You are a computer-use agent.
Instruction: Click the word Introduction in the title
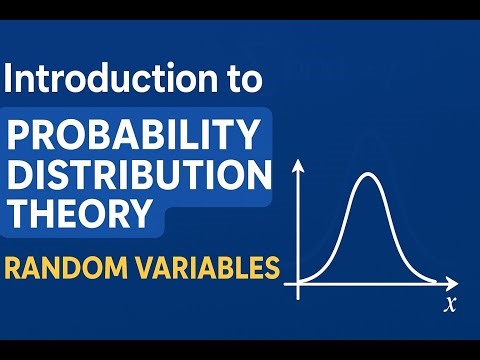pyautogui.click(x=106, y=77)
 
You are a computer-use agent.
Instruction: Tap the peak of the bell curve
pyautogui.click(x=368, y=176)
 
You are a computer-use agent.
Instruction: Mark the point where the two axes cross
pyautogui.click(x=297, y=284)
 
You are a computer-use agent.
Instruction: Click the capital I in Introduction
pyautogui.click(x=11, y=77)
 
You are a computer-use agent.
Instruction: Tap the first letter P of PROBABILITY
pyautogui.click(x=21, y=132)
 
